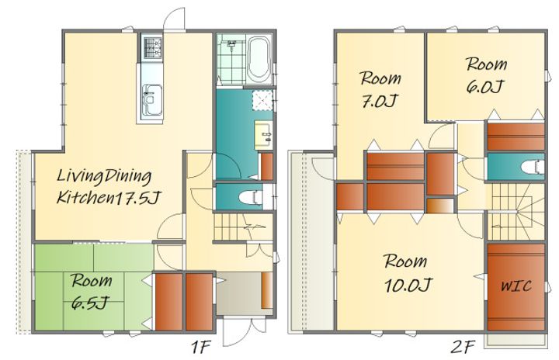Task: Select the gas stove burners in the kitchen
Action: coord(153,48)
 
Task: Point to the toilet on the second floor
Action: coord(533,167)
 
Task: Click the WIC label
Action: coord(516,286)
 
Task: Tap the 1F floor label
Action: coord(202,347)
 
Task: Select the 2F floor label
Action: coord(463,347)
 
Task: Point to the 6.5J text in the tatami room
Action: coord(89,303)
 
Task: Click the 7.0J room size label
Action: coord(380,101)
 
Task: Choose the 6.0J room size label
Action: coord(485,87)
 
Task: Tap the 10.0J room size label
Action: coord(408,285)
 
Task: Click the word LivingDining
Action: coord(104,176)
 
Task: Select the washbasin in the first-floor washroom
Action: coord(264,135)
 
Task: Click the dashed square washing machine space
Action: coord(262,100)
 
